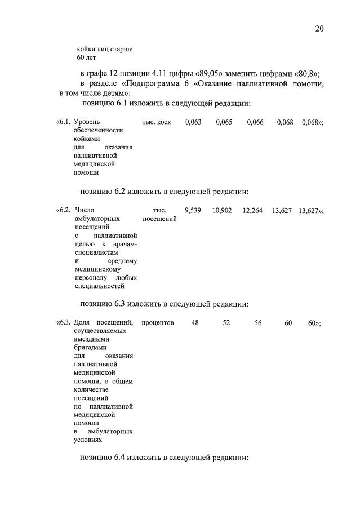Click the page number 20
[319, 28]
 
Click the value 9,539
[193, 210]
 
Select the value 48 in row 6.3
[195, 322]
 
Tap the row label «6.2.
[63, 210]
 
